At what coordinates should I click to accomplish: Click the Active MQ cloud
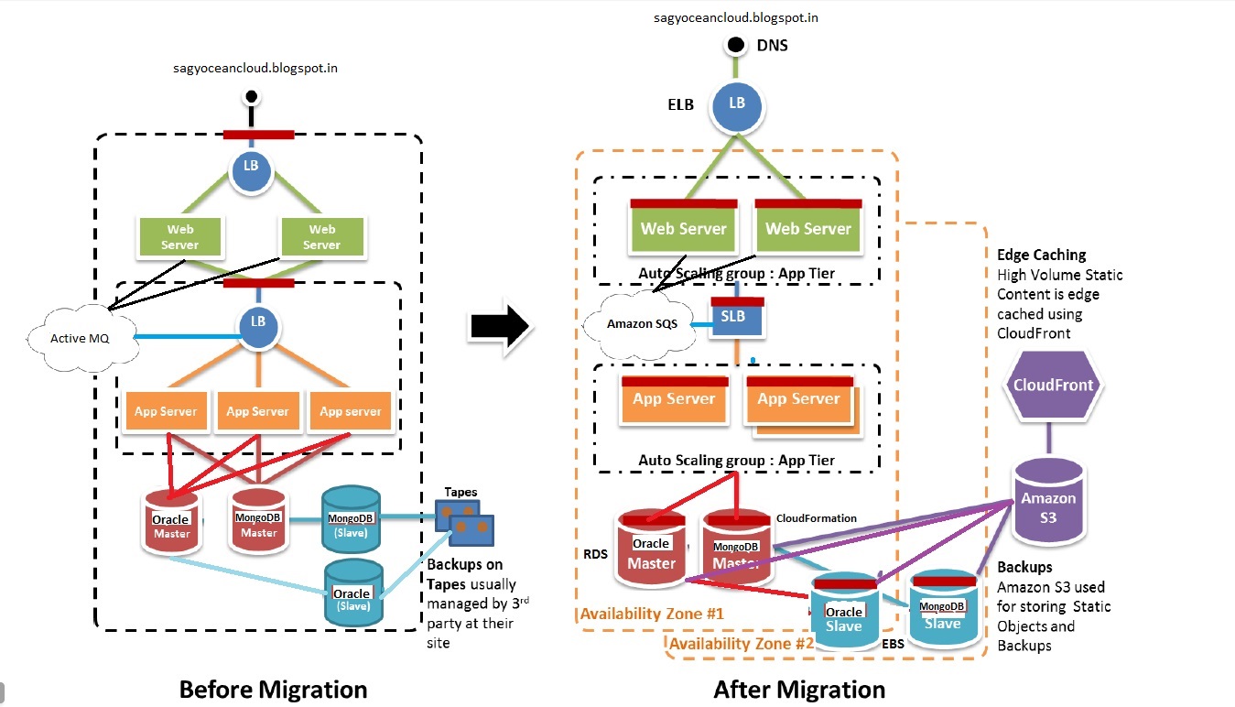pos(81,338)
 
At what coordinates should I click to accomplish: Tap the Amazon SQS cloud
pos(635,323)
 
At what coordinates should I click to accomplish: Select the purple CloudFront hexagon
pos(1053,386)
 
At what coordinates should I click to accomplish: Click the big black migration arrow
pos(499,325)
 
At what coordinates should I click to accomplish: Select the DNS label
pos(773,45)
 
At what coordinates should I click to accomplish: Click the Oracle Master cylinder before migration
pos(171,525)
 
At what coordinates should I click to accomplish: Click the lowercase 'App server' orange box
pos(351,411)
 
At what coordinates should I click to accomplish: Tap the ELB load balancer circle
pos(736,104)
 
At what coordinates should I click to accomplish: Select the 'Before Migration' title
pos(273,689)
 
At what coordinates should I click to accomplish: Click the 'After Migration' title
pos(799,689)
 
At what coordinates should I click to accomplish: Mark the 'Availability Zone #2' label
pos(741,643)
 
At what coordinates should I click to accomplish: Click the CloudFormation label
pos(816,518)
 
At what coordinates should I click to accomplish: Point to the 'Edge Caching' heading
pos(1041,255)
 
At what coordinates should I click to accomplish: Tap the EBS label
pos(893,645)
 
